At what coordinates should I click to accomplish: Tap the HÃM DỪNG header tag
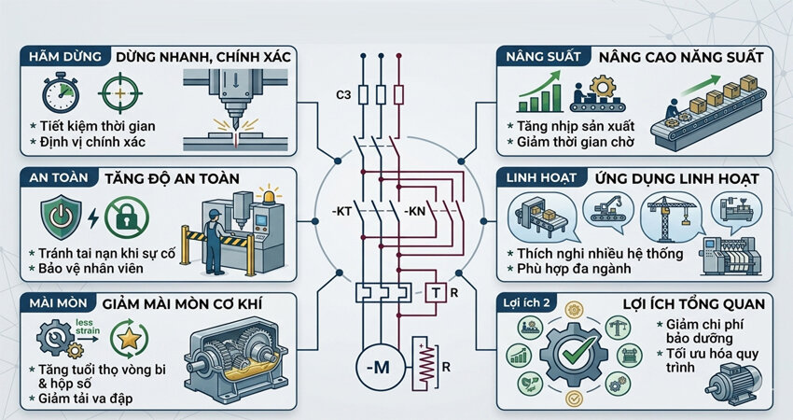coord(64,56)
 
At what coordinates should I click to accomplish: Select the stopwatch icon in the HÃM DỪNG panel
coord(61,93)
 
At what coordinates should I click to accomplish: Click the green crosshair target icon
coord(119,93)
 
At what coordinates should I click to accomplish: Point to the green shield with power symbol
coord(61,217)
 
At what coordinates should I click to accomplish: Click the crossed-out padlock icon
coord(127,217)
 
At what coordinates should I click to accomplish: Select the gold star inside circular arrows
coord(129,338)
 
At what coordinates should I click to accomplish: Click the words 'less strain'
coord(88,327)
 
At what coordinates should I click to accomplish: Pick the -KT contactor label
coord(341,211)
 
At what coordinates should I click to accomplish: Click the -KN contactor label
coord(415,211)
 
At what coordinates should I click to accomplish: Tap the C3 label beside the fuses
coord(343,94)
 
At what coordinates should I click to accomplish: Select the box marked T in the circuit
coord(436,292)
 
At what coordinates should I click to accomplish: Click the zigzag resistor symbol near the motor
coord(424,364)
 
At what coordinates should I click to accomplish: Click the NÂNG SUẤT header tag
coord(543,56)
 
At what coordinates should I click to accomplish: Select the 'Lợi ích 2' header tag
coord(526,303)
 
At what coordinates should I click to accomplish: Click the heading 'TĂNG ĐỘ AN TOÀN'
coord(172,178)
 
